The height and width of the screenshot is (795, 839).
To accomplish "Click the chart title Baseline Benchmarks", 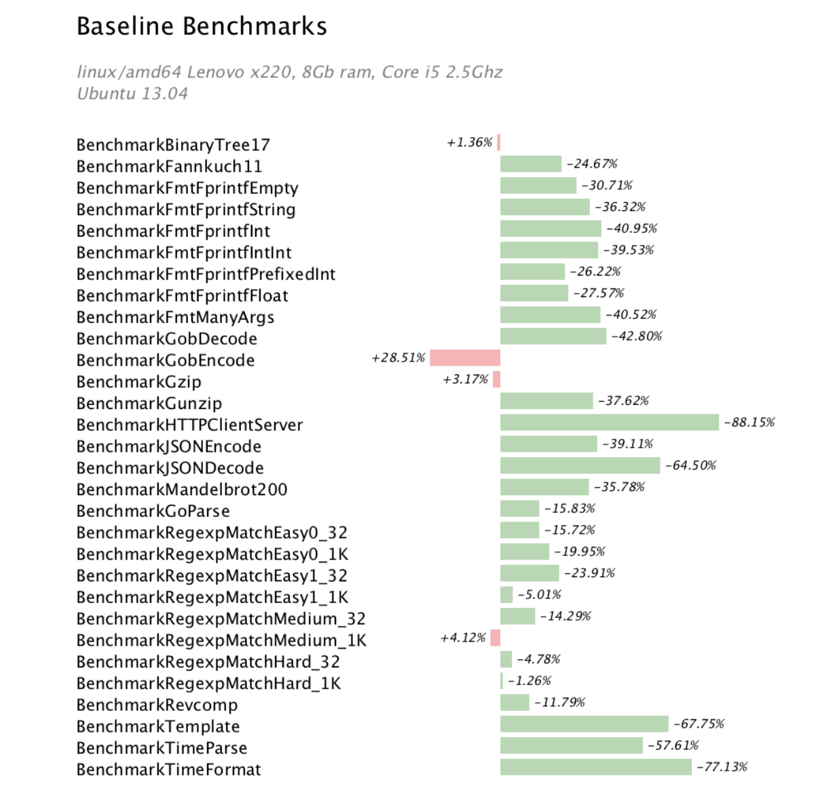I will click(x=202, y=26).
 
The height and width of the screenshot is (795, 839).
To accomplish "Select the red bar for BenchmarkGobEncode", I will click(x=465, y=357).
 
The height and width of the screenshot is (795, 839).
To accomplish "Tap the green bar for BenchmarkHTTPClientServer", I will click(x=609, y=423).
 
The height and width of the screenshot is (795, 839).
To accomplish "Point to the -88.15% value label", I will click(x=749, y=423).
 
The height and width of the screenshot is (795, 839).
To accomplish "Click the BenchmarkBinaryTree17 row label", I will click(x=173, y=145).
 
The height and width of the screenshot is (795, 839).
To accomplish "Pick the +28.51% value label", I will click(x=398, y=357).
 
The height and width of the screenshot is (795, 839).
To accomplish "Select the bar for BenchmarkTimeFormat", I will click(x=595, y=767).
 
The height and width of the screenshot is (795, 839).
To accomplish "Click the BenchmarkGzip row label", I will click(x=138, y=382).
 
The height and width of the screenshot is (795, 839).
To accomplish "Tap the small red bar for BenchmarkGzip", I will click(x=497, y=379).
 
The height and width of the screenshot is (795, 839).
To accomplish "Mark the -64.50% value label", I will click(x=690, y=465).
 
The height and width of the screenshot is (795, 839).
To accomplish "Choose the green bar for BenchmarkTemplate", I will click(x=584, y=724).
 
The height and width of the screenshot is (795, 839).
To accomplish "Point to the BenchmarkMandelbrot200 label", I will click(x=182, y=490).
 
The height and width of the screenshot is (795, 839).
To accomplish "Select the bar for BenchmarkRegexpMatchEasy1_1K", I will click(x=506, y=595).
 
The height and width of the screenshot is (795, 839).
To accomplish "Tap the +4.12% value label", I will click(x=463, y=638).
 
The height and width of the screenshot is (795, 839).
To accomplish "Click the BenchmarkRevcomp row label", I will click(x=157, y=705).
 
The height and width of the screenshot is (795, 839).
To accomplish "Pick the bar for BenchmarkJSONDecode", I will click(x=580, y=465).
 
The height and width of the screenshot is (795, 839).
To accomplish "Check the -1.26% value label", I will click(x=529, y=681).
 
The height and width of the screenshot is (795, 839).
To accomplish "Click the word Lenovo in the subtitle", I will click(x=215, y=72).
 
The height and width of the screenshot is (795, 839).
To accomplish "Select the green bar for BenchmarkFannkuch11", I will click(x=531, y=163).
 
